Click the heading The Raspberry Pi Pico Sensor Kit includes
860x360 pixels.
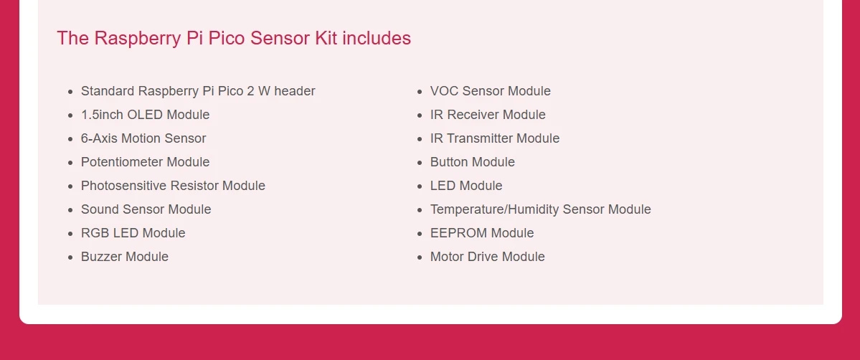tap(234, 39)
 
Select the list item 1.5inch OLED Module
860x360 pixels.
tap(145, 115)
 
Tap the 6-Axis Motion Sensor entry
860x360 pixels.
tap(143, 138)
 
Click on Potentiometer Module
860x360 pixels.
tap(145, 162)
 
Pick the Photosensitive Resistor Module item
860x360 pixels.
tap(173, 186)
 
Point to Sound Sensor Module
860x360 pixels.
tap(146, 209)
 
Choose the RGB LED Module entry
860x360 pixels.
tap(133, 233)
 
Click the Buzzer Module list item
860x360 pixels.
tap(125, 257)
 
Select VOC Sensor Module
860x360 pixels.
tap(491, 91)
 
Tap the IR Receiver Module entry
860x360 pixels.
tap(488, 115)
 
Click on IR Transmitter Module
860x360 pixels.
tap(495, 138)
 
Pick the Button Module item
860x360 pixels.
tap(473, 162)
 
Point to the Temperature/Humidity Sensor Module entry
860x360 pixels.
tap(541, 209)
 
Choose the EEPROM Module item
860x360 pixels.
tap(482, 233)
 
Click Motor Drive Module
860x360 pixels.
tap(488, 257)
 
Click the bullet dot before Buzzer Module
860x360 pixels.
tap(70, 257)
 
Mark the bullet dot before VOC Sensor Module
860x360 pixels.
tap(420, 92)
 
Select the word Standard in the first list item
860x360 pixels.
tap(108, 91)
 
